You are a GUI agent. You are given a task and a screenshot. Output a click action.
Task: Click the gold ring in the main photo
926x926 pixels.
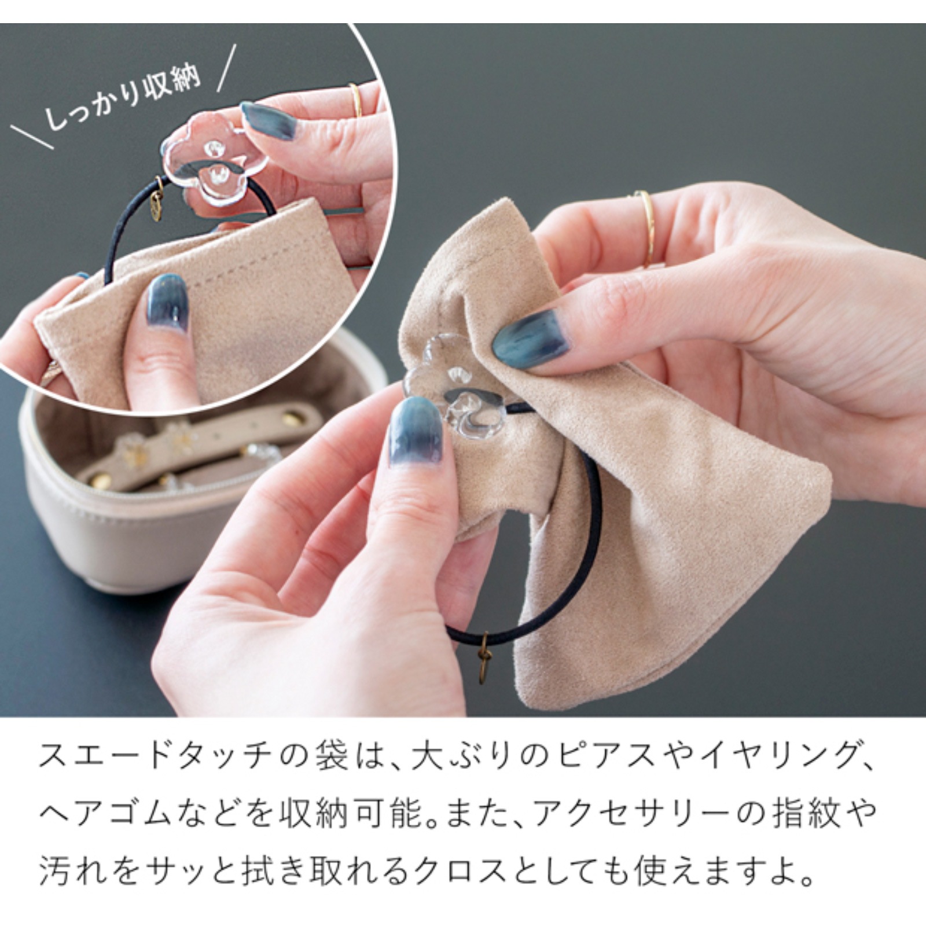click(646, 229)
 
